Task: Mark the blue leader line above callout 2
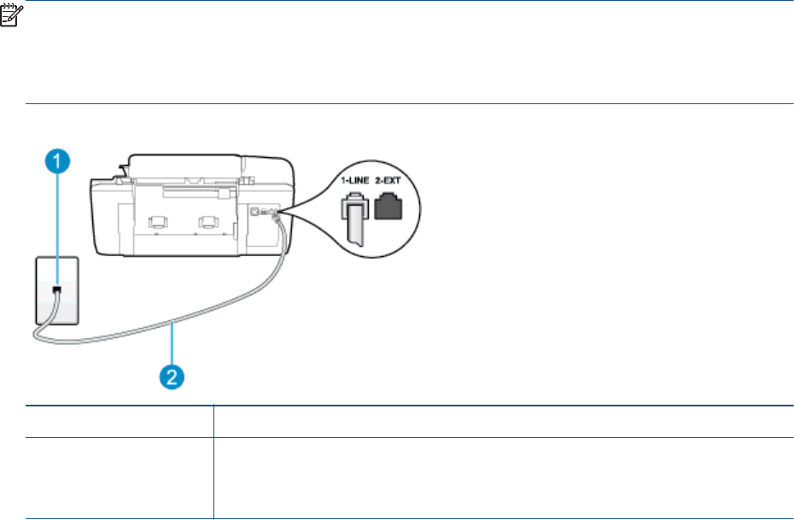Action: tap(173, 345)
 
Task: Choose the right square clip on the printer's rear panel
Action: tap(207, 222)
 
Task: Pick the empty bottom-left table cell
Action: tap(119, 479)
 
